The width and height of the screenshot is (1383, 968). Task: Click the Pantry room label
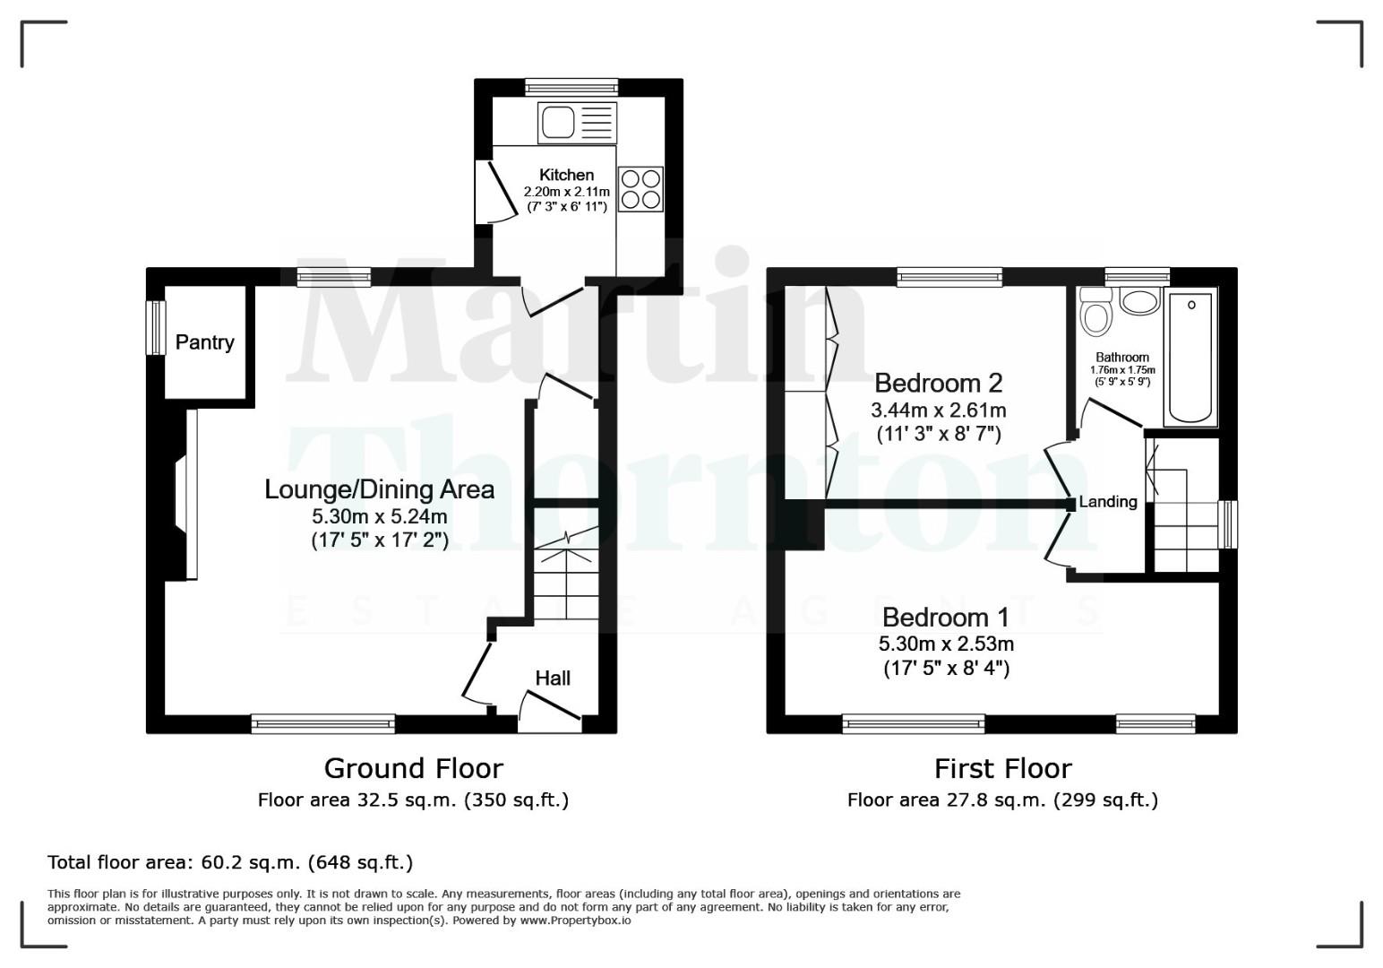coord(204,341)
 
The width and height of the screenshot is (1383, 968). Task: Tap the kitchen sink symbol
coord(577,122)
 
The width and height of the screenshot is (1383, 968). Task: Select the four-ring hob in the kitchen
coord(640,189)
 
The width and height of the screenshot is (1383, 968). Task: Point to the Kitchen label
coord(566,175)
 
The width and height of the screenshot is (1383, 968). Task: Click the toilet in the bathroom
coord(1096,310)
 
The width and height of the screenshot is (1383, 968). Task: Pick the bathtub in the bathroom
coord(1190,357)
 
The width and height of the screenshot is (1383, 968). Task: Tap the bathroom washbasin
coord(1139,301)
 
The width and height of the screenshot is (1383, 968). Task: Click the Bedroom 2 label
coord(938,383)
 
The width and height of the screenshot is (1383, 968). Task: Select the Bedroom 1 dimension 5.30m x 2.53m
coord(946,644)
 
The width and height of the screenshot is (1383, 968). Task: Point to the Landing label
coord(1108,502)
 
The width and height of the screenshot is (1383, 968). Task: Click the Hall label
coord(553,678)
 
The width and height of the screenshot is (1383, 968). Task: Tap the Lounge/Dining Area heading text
coord(379,489)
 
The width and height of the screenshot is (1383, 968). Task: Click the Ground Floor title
coord(413,768)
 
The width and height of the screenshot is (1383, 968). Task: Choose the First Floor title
coord(1002,768)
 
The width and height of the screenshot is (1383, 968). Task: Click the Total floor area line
coord(230,862)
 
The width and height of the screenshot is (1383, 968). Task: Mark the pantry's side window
coord(156,327)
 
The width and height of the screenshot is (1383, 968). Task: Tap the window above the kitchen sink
coord(571,87)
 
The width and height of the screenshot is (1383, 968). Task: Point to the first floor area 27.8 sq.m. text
coord(1002,799)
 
